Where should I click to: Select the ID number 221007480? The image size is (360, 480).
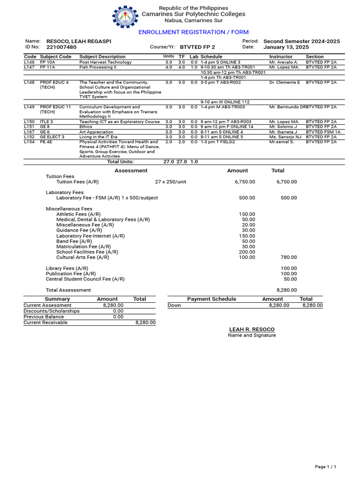(x=61, y=47)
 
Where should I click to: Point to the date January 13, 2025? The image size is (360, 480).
(x=286, y=47)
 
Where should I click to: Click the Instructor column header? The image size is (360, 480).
(x=281, y=57)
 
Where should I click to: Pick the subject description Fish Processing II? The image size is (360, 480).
(x=97, y=67)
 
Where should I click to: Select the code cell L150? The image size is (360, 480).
(x=29, y=121)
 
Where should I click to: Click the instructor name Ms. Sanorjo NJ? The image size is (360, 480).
(x=285, y=137)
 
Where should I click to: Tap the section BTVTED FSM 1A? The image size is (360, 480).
(x=323, y=132)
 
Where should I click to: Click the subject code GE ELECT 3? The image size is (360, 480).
(x=52, y=137)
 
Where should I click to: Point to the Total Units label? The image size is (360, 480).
(x=120, y=162)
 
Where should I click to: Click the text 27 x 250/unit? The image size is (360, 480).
(x=170, y=182)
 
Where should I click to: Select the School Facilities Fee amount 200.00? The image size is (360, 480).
(x=247, y=252)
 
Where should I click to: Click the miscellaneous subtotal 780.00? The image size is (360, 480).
(x=288, y=257)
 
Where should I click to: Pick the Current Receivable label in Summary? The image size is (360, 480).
(x=45, y=322)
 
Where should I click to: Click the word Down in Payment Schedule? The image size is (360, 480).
(x=174, y=305)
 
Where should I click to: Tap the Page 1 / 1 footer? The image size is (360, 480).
(x=325, y=467)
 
